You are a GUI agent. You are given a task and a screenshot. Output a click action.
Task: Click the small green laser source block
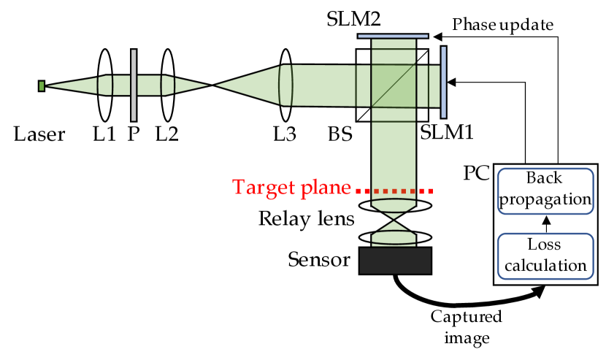[x=42, y=86]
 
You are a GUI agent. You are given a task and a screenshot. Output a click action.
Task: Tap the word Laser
[x=39, y=134]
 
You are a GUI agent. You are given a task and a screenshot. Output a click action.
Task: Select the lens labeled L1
[x=104, y=85]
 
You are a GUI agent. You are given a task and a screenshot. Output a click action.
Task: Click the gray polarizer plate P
[x=133, y=85]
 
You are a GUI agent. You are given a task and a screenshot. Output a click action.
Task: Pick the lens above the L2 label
[x=168, y=85]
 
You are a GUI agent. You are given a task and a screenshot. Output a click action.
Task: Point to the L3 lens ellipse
[x=285, y=85]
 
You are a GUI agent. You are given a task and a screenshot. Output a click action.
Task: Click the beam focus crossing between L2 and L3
[x=212, y=85]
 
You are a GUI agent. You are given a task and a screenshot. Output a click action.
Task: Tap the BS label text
[x=340, y=134]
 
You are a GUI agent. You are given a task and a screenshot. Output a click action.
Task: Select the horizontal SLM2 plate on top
[x=393, y=35]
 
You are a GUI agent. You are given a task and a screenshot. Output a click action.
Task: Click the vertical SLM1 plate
[x=444, y=81]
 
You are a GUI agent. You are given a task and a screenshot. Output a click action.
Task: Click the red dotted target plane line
[x=394, y=190]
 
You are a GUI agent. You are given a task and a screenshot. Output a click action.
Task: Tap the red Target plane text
[x=292, y=188]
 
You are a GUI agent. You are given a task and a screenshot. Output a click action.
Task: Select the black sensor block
[x=395, y=261]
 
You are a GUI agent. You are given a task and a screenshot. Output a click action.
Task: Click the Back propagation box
[x=545, y=190]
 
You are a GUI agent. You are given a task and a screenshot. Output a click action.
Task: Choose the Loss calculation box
[x=545, y=256]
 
